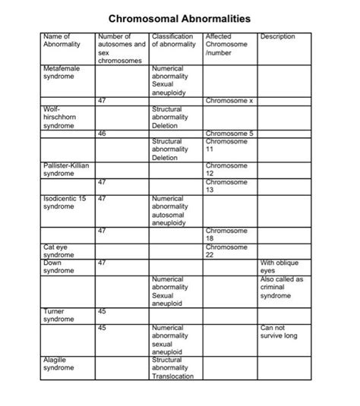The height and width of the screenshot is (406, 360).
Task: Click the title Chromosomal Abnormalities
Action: (x=179, y=17)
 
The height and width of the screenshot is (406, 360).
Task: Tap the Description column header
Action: (x=278, y=36)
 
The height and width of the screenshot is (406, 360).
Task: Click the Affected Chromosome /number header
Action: (x=226, y=44)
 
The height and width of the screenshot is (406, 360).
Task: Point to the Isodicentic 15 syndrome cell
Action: (x=65, y=202)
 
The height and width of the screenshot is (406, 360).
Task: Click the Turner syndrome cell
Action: (x=57, y=315)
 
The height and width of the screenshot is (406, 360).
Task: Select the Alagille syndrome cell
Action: (x=58, y=364)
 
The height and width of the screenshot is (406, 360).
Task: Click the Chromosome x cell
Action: (x=229, y=99)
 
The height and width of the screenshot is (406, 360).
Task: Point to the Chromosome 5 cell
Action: (x=229, y=134)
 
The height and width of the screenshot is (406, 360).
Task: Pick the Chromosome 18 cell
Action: (x=226, y=234)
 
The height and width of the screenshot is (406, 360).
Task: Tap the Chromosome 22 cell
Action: (x=226, y=251)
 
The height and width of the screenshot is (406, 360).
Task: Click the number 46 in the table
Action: (x=103, y=134)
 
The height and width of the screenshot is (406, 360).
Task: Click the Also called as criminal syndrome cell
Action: (x=281, y=288)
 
